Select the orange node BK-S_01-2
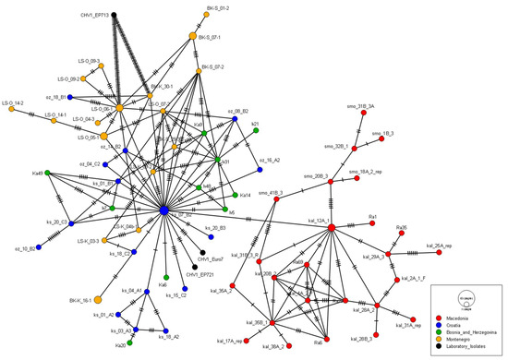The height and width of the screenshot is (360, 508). click(204, 15)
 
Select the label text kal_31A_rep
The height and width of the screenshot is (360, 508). click(410, 325)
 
